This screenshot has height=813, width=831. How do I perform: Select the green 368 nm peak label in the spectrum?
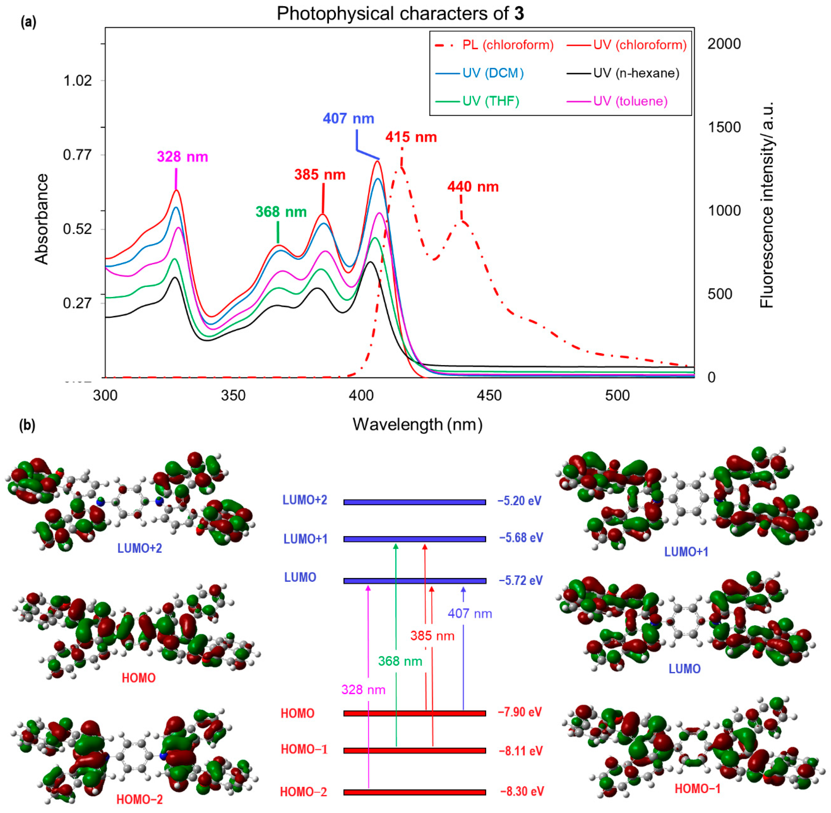(281, 212)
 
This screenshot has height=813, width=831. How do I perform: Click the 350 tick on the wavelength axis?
(233, 396)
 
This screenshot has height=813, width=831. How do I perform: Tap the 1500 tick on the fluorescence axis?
(724, 127)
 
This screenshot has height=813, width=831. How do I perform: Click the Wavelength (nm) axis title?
(417, 424)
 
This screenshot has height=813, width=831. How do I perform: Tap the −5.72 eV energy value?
(521, 580)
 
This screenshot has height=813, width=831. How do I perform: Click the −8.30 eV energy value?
(522, 791)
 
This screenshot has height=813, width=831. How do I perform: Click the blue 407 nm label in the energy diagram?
(470, 614)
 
